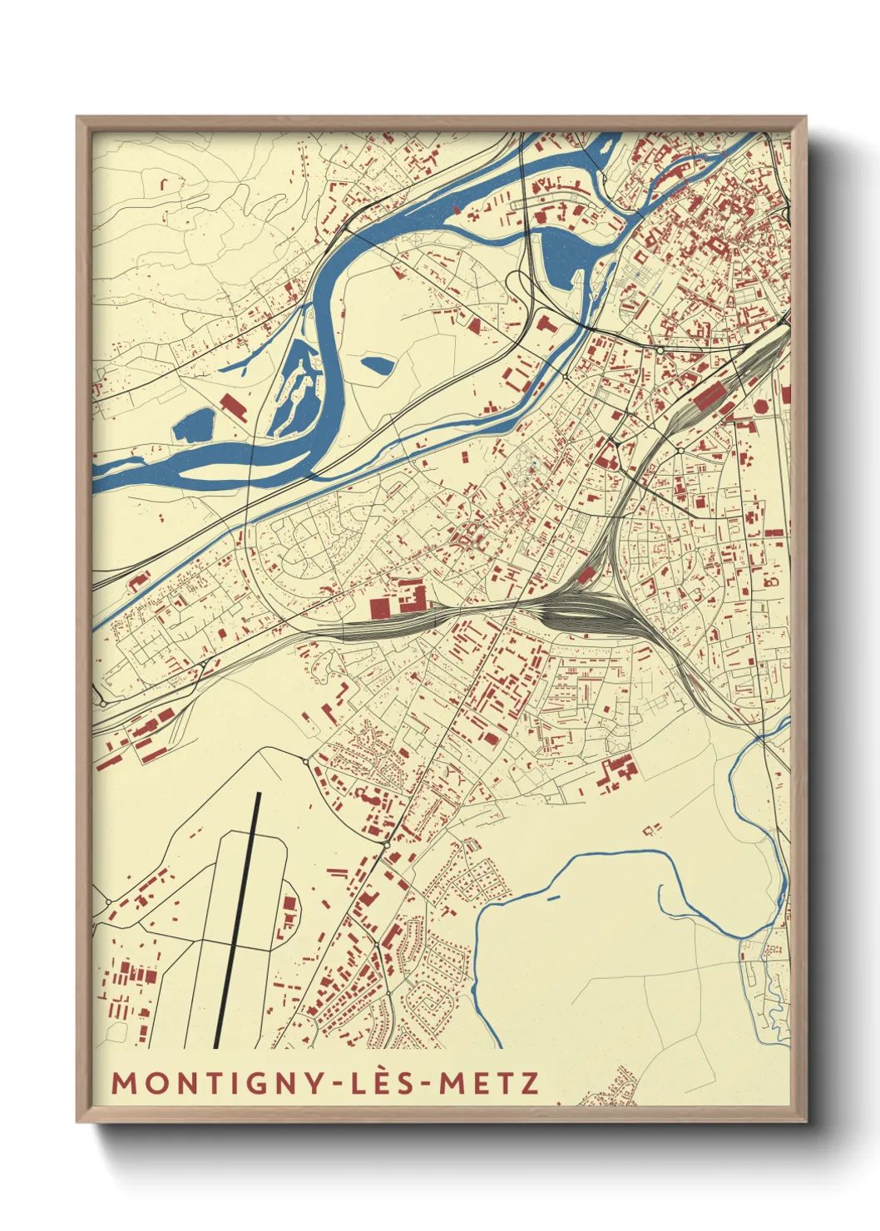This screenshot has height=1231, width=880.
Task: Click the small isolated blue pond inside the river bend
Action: coord(377,363)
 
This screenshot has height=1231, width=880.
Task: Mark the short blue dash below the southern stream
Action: coord(553,897)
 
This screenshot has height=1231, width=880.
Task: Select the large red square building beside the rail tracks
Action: coord(378,609)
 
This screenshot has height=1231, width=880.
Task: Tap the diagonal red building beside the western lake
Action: coord(233,407)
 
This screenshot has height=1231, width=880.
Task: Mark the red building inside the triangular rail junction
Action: coord(586,574)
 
